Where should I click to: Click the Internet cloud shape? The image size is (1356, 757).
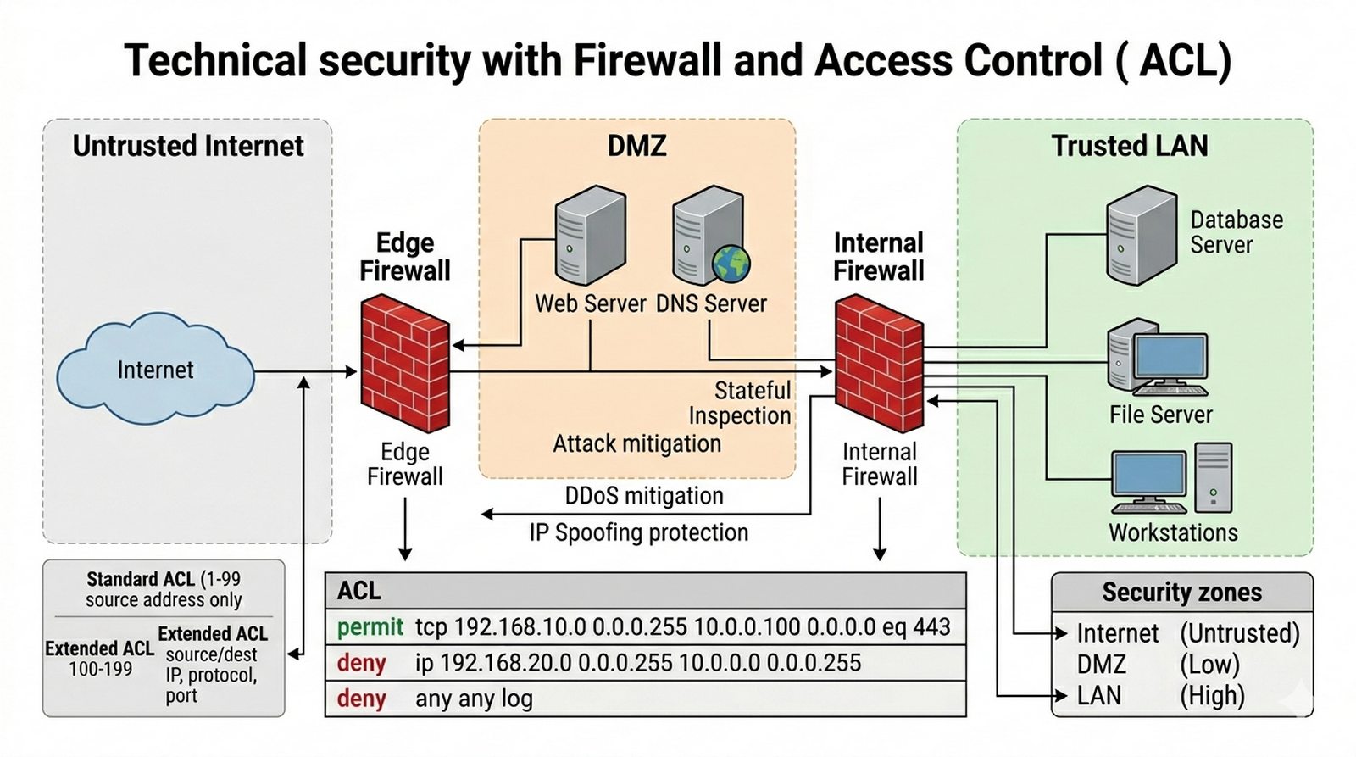tap(155, 370)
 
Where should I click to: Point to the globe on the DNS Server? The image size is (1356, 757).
tap(731, 264)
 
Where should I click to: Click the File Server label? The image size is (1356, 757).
tap(1160, 415)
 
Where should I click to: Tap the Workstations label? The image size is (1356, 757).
tap(1173, 532)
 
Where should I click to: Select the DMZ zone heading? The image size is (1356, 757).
tap(636, 146)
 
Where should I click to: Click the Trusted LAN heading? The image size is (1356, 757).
tap(1129, 146)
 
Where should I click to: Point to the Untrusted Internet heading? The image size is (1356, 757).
tap(187, 146)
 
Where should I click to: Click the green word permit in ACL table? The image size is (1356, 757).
tap(370, 627)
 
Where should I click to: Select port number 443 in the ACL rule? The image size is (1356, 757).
tap(931, 627)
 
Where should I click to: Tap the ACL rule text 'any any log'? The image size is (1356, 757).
tap(474, 699)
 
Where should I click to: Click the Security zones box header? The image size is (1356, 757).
tap(1181, 592)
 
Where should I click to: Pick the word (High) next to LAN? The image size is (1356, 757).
tap(1212, 696)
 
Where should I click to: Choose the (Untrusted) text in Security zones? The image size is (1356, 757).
tap(1239, 633)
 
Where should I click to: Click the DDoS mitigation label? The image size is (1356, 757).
tap(644, 496)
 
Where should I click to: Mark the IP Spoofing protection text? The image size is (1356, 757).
tap(639, 532)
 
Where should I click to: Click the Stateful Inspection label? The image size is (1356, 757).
tap(740, 403)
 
